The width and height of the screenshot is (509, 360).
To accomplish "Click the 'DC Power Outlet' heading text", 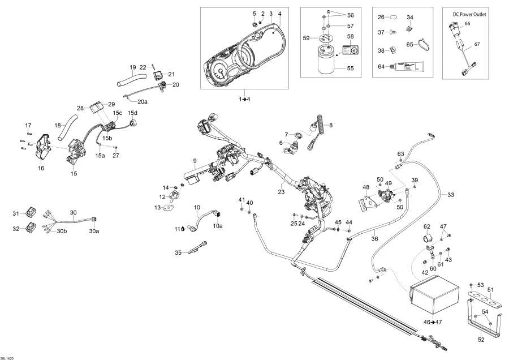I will tap(469, 13).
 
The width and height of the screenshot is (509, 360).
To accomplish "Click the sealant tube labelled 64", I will tap(417, 67).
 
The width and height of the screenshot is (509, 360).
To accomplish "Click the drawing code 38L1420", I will tap(8, 357).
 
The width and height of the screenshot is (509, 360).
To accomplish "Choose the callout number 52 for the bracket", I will tap(481, 340).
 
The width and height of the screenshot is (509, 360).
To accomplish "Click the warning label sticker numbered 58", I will tap(351, 50).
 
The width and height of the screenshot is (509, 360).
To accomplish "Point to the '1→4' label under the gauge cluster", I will tap(245, 99).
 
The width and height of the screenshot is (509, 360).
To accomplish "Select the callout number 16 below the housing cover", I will tap(40, 168).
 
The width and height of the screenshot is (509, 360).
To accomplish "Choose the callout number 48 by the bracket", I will tap(366, 187).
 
